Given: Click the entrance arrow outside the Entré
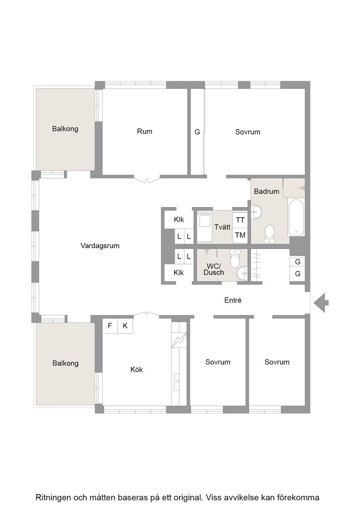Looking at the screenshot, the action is [321, 303].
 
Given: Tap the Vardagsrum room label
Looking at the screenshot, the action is [100, 246].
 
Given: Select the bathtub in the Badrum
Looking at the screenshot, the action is [296, 218].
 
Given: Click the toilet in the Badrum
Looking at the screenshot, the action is [270, 234].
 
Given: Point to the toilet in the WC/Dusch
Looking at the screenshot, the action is [235, 258].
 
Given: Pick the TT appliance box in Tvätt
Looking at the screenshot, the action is [240, 220].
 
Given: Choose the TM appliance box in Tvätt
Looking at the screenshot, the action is [240, 235].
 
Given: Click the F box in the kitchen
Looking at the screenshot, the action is [110, 325].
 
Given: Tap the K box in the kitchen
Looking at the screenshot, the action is [125, 325].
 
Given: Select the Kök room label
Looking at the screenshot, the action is [136, 369].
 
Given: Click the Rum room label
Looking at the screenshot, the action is [145, 131].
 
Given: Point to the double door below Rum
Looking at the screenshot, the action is [147, 179].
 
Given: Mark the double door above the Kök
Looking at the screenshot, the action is [146, 314].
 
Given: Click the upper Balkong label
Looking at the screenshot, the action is [65, 129].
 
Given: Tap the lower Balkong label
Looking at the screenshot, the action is [65, 363].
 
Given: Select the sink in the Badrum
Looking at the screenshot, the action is [256, 212].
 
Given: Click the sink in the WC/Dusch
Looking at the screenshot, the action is [242, 273].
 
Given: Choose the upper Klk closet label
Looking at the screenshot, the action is [179, 220].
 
